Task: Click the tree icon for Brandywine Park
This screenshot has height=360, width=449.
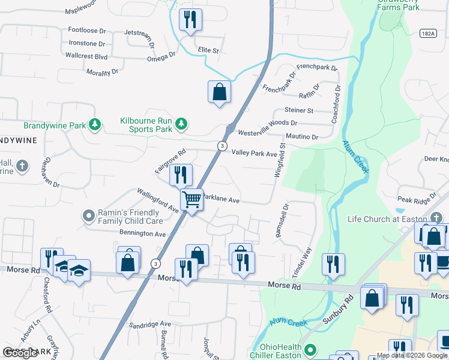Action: (94, 125)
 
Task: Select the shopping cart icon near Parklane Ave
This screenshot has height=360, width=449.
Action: (192, 200)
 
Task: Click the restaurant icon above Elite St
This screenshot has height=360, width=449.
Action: (190, 19)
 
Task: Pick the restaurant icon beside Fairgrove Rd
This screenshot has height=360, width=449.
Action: (181, 175)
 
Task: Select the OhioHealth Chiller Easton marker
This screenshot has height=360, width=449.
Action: (310, 349)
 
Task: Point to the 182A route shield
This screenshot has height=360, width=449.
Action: (427, 34)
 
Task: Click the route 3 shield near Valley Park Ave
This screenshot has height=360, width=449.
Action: (222, 146)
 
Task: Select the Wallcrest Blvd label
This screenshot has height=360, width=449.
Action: (86, 56)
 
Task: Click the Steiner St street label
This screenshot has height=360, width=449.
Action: (299, 110)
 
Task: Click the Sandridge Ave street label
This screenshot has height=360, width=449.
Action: (150, 323)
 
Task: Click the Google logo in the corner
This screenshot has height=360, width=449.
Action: (20, 353)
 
